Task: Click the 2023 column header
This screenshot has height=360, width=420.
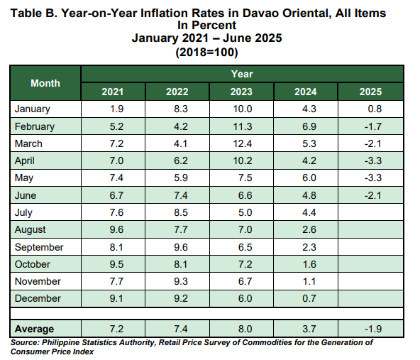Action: click(x=241, y=92)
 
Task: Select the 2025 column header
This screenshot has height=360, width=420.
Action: click(x=370, y=92)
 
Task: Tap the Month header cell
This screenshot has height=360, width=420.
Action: click(x=45, y=83)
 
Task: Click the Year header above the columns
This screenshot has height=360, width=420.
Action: click(x=242, y=74)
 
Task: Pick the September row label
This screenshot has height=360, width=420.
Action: click(x=39, y=247)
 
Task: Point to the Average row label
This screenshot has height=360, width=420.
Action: click(x=34, y=329)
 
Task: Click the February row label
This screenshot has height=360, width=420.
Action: click(x=35, y=126)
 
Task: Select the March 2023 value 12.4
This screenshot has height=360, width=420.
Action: click(x=243, y=143)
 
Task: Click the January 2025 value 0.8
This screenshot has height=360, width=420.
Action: click(x=375, y=109)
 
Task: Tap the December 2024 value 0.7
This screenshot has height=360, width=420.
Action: click(x=309, y=298)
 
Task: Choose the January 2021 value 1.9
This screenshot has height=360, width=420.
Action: click(x=116, y=109)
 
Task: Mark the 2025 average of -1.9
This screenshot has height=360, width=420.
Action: click(x=373, y=329)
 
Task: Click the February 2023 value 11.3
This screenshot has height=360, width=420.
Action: click(x=243, y=126)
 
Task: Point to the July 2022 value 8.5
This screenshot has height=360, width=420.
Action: click(x=181, y=212)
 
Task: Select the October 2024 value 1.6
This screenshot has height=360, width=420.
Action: click(x=309, y=264)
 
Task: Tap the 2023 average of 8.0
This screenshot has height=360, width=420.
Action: click(x=245, y=329)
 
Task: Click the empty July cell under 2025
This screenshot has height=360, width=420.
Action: click(x=370, y=212)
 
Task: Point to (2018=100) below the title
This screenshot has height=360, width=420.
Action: click(x=206, y=52)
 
